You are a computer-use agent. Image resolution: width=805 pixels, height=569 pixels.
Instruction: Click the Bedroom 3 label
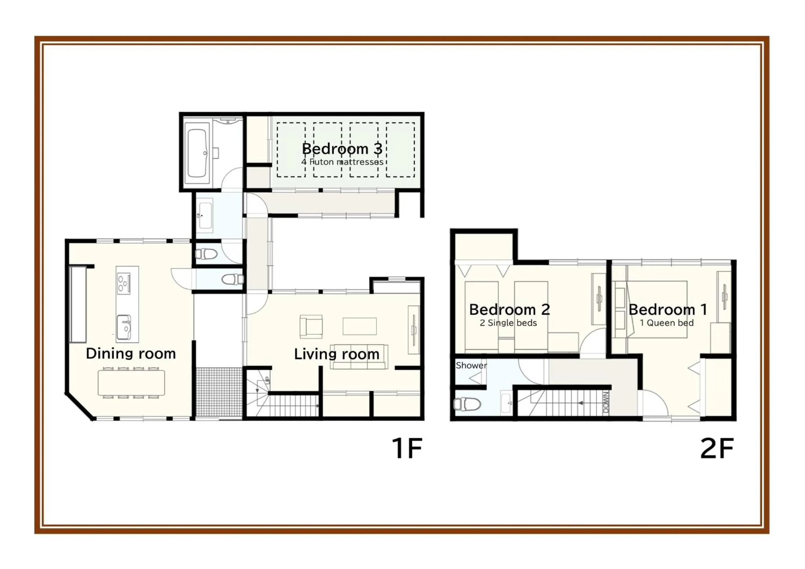(342, 149)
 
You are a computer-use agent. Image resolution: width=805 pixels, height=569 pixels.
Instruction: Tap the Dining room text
(131, 354)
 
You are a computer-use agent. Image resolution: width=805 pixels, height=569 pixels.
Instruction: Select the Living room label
(337, 354)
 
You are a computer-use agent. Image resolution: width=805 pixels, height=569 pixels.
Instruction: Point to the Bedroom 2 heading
(510, 309)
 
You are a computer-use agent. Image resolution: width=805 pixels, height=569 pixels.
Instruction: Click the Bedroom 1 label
(668, 309)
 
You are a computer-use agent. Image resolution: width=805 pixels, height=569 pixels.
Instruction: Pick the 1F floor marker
(407, 448)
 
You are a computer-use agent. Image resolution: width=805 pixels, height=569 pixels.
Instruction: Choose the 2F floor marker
(717, 448)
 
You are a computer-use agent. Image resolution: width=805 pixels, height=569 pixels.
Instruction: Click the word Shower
(471, 365)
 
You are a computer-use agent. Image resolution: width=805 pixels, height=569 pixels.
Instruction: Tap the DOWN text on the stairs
(606, 402)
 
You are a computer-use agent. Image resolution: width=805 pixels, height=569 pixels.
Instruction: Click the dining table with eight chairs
(131, 383)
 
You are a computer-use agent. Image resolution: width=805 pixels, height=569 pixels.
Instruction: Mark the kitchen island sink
(124, 327)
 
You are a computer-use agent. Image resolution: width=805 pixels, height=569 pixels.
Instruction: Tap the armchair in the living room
(311, 326)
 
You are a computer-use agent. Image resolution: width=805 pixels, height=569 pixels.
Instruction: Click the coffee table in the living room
(360, 326)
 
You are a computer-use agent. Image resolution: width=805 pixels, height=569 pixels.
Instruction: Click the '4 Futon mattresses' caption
(342, 162)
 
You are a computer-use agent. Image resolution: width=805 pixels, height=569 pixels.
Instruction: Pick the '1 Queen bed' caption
(667, 323)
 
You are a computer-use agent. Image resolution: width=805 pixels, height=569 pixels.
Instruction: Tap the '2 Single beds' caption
(509, 323)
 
